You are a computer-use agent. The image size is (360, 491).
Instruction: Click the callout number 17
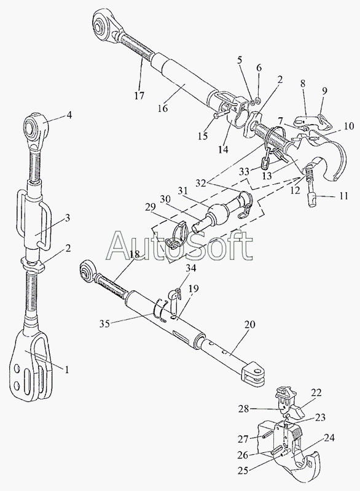tap(139, 95)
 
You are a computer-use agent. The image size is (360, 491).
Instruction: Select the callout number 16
tap(163, 108)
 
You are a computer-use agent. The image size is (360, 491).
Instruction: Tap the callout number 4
tap(69, 115)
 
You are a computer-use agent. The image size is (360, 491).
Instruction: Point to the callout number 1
tap(66, 369)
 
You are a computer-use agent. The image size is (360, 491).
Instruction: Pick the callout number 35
tap(105, 323)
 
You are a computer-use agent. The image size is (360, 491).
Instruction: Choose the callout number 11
tap(343, 196)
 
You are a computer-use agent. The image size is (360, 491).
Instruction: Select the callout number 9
tap(324, 90)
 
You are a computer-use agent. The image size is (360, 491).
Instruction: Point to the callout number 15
tap(203, 136)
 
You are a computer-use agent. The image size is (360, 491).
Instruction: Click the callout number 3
tap(68, 218)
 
